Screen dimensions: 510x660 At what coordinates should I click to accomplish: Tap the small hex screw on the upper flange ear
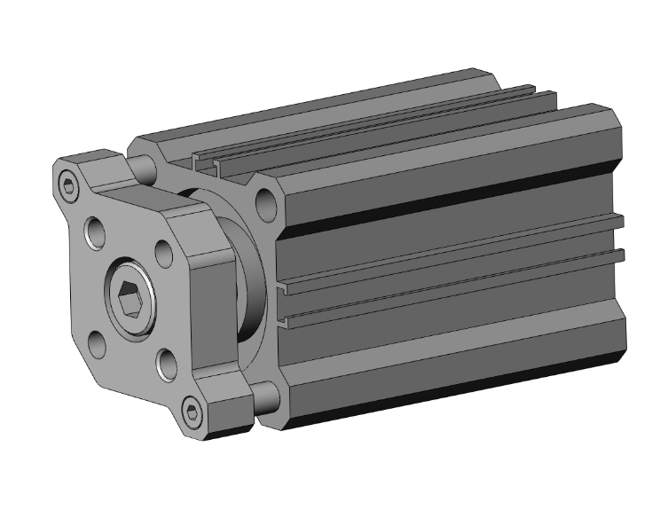(x=71, y=184)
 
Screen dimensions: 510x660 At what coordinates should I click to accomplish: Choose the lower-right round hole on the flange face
(x=167, y=359)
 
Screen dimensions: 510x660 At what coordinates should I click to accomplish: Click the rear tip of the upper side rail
(x=621, y=220)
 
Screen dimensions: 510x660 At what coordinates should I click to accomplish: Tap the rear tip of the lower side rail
(x=621, y=256)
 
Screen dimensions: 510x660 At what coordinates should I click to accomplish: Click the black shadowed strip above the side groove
(x=444, y=204)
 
